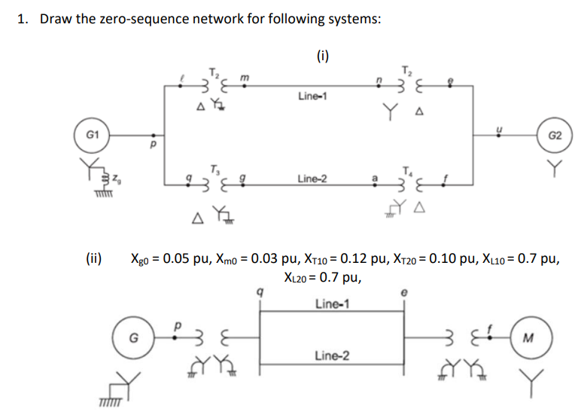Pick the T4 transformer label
click(x=407, y=168)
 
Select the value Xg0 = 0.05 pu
click(x=174, y=260)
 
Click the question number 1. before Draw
click(x=23, y=18)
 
